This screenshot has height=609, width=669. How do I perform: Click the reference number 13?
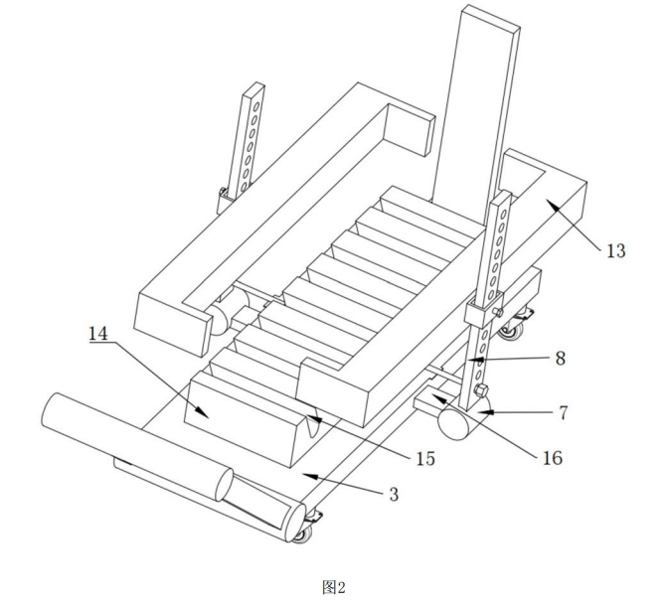click(615, 250)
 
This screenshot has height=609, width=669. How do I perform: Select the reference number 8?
click(561, 358)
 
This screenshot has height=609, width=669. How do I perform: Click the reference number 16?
click(552, 458)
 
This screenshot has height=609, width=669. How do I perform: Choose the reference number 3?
click(394, 494)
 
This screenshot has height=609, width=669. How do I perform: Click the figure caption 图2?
click(334, 587)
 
